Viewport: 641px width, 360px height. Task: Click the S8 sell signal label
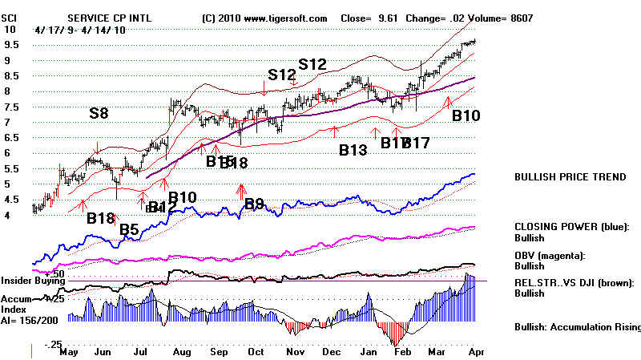[x=99, y=114]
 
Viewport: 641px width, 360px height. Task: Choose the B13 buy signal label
[x=353, y=149]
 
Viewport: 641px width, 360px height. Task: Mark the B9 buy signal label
[x=254, y=204]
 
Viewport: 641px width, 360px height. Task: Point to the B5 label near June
[x=129, y=231]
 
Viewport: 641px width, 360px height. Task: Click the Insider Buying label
[x=32, y=281]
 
